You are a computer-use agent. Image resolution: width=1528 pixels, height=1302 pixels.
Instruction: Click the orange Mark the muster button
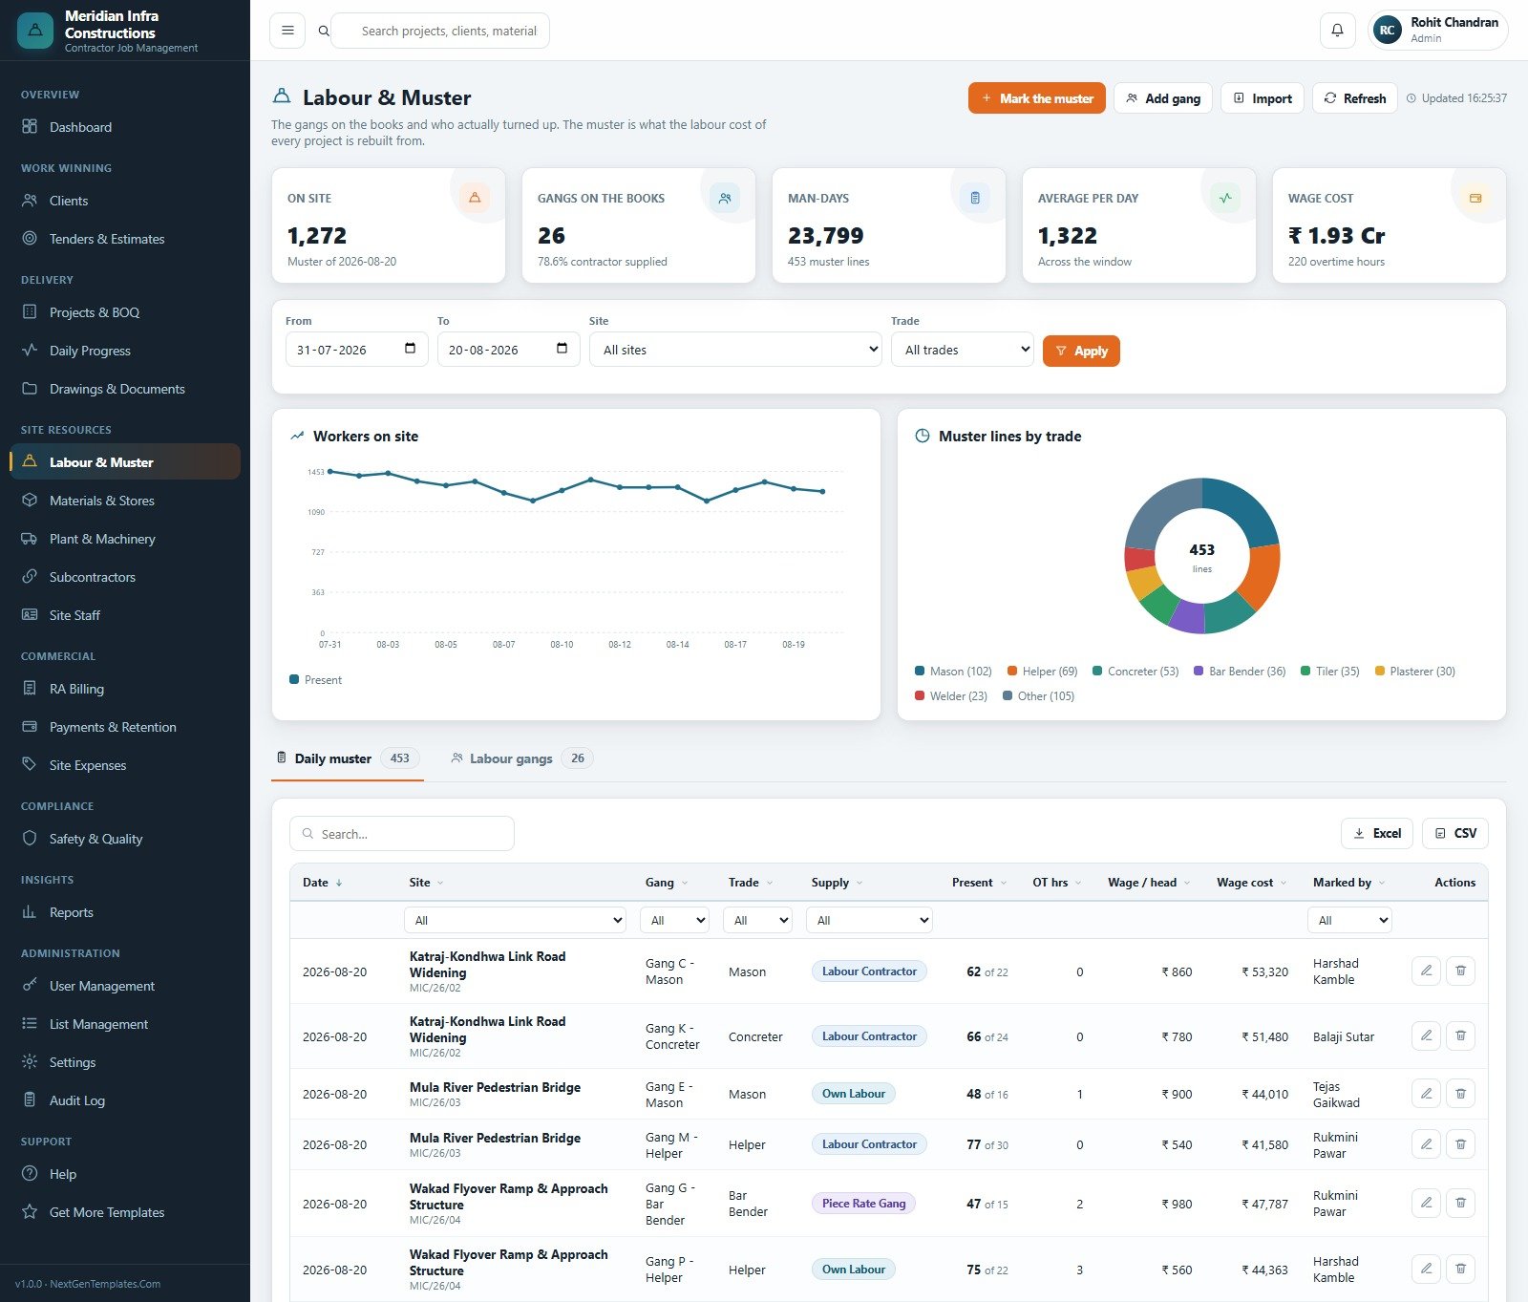pyautogui.click(x=1037, y=98)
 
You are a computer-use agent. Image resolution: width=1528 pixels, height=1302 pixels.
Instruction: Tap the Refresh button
pyautogui.click(x=1355, y=98)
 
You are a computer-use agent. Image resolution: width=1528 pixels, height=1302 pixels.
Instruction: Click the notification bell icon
pyautogui.click(x=1337, y=31)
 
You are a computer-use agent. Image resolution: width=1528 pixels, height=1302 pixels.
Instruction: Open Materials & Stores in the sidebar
pyautogui.click(x=101, y=501)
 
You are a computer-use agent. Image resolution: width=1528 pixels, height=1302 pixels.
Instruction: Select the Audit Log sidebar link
pyautogui.click(x=76, y=1100)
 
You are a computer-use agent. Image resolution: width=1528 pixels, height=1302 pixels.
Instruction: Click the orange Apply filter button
pyautogui.click(x=1081, y=351)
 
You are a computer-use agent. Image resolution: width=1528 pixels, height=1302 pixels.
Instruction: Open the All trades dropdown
pyautogui.click(x=963, y=350)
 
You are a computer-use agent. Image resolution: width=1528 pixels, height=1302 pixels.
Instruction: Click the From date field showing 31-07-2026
pyautogui.click(x=356, y=350)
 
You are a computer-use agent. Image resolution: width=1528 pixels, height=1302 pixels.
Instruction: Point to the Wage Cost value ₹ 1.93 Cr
pyautogui.click(x=1336, y=236)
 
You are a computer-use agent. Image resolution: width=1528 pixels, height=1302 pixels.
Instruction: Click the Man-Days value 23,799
pyautogui.click(x=825, y=236)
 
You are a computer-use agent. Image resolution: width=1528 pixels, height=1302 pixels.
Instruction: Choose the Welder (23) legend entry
pyautogui.click(x=951, y=696)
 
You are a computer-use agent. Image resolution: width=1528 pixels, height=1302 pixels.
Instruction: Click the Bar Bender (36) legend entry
pyautogui.click(x=1240, y=672)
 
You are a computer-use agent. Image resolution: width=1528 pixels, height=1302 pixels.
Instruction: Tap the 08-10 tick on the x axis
pyautogui.click(x=562, y=645)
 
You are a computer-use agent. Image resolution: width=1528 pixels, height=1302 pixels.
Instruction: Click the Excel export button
pyautogui.click(x=1377, y=834)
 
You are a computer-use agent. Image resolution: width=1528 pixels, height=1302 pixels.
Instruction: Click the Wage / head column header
pyautogui.click(x=1142, y=883)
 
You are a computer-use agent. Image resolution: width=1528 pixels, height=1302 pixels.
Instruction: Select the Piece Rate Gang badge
pyautogui.click(x=863, y=1204)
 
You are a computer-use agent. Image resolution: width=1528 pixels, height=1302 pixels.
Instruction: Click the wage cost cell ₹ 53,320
pyautogui.click(x=1264, y=972)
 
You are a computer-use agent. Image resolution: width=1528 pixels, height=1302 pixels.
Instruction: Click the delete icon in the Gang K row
pyautogui.click(x=1460, y=1035)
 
